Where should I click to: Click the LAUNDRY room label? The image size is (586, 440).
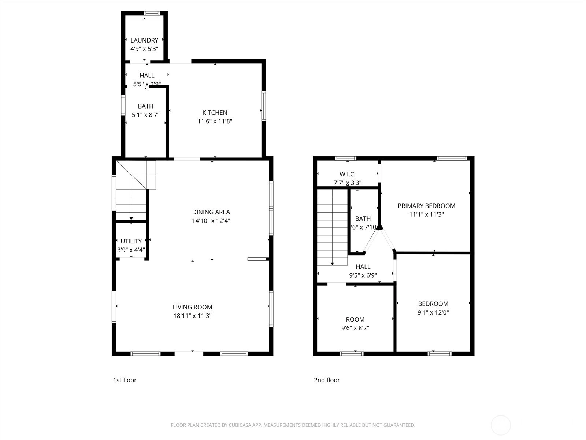coord(144,40)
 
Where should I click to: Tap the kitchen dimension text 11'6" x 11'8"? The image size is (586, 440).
coord(215,121)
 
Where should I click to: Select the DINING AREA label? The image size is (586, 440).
coord(211,212)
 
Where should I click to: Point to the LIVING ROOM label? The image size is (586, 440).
coord(192,307)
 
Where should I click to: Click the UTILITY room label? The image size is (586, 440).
coord(131,242)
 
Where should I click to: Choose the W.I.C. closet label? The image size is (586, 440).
coord(347,175)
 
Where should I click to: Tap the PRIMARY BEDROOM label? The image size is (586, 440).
coord(426,206)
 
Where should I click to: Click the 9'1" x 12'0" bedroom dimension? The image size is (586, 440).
coord(433,312)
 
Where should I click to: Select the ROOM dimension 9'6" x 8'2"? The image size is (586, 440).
coord(355,328)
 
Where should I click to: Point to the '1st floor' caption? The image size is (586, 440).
coord(125,380)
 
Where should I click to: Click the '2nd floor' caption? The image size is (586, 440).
coord(327,380)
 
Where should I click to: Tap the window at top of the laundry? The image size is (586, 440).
coord(152,13)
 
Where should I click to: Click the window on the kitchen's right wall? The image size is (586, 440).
coord(263,106)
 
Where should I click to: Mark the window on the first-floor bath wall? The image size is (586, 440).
coord(123,106)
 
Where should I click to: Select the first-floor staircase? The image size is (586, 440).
coord(136,190)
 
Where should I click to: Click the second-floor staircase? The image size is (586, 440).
coord(332,227)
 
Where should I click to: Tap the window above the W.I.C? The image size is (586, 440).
coord(345,158)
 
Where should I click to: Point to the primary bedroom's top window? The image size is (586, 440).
coord(452,158)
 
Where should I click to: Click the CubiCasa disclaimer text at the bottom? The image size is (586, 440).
coord(293,425)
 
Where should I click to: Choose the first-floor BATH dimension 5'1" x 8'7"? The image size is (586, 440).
coord(145,115)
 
